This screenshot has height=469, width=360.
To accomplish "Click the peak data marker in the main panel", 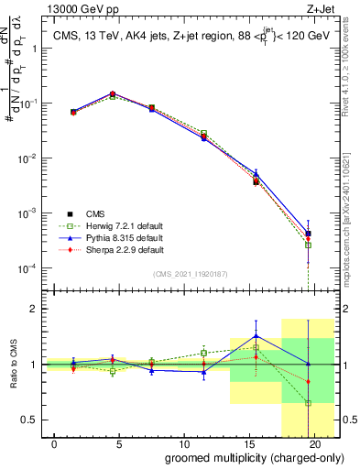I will click(x=112, y=93).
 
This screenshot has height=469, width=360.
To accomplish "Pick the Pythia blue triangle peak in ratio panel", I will click(x=256, y=335).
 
